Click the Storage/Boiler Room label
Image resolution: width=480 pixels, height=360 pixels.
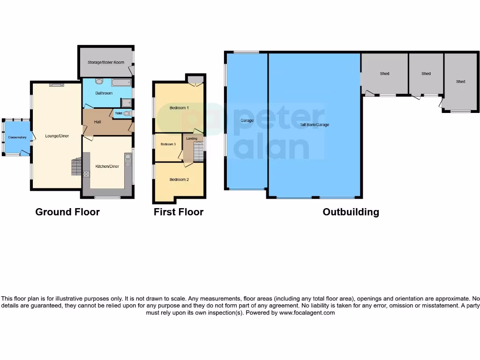pos(105,62)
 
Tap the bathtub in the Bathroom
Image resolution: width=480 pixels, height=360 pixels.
pos(121,83)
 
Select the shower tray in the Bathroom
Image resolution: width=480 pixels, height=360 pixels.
pos(126,103)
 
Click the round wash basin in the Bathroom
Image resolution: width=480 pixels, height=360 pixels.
pos(99,81)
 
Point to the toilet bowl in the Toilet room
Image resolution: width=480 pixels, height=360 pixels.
pos(127,113)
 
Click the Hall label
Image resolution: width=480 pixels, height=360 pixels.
pos(97,122)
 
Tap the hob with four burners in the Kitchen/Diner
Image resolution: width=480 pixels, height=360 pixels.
pos(86,174)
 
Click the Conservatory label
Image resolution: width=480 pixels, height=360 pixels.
pos(17,137)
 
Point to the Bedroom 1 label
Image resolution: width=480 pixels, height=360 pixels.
pos(179,108)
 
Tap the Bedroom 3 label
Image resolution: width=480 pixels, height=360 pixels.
pos(168,144)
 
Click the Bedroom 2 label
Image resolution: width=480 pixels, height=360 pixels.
pos(179,180)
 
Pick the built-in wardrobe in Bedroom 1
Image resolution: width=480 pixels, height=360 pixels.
pos(195,79)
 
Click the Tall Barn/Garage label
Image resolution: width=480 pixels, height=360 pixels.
pos(315,125)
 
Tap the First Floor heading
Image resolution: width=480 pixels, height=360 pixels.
pos(179,212)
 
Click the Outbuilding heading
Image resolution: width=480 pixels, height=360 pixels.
pos(351,212)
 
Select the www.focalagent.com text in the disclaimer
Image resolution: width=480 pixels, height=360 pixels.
pos(307,313)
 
